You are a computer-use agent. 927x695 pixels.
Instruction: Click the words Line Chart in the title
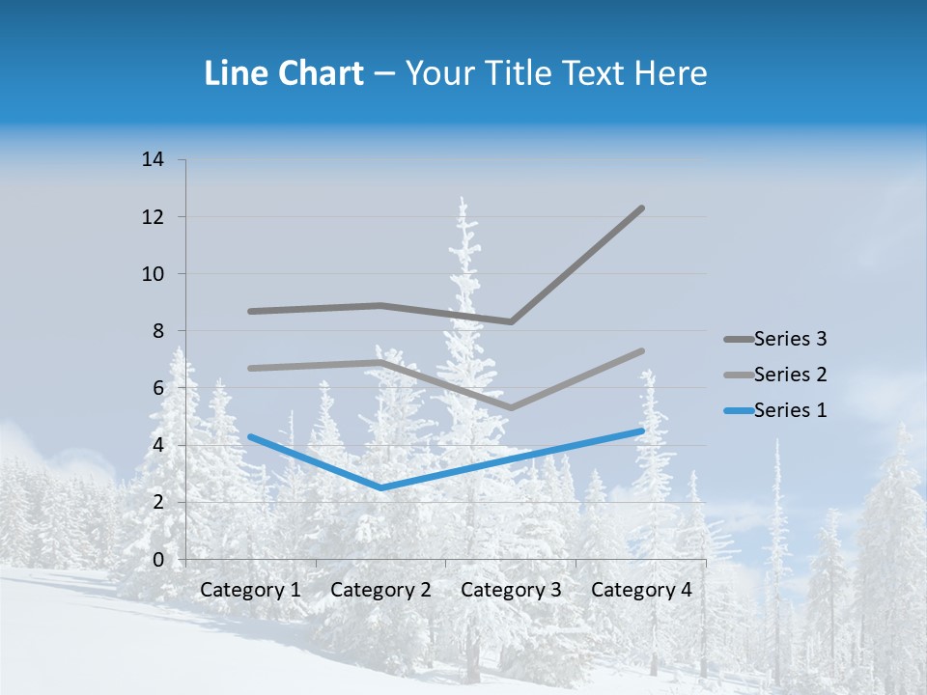tap(284, 73)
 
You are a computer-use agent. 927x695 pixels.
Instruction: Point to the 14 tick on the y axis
tap(154, 159)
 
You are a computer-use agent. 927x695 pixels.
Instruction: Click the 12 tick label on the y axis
tap(154, 217)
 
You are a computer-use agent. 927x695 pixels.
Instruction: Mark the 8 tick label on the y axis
tap(158, 331)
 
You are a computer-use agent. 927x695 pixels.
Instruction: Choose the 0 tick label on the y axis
tap(158, 560)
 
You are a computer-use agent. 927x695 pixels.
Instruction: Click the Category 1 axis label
tap(250, 590)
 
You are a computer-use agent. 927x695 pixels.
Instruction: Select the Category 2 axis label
tap(380, 590)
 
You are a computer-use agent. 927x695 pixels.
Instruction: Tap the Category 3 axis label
tap(511, 590)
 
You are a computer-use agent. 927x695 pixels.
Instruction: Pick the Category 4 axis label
tap(641, 590)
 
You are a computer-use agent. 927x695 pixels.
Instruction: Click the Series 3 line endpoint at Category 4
tap(641, 208)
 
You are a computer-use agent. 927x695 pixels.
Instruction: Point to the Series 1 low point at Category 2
tap(380, 487)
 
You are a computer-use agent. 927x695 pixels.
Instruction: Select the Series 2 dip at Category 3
tap(511, 407)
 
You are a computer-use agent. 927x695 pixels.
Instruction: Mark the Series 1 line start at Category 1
tap(250, 436)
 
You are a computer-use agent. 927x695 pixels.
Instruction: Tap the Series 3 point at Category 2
tap(380, 306)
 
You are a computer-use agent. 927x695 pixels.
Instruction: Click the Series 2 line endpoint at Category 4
tap(641, 351)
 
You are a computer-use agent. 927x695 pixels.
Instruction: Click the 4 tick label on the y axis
tap(158, 445)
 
